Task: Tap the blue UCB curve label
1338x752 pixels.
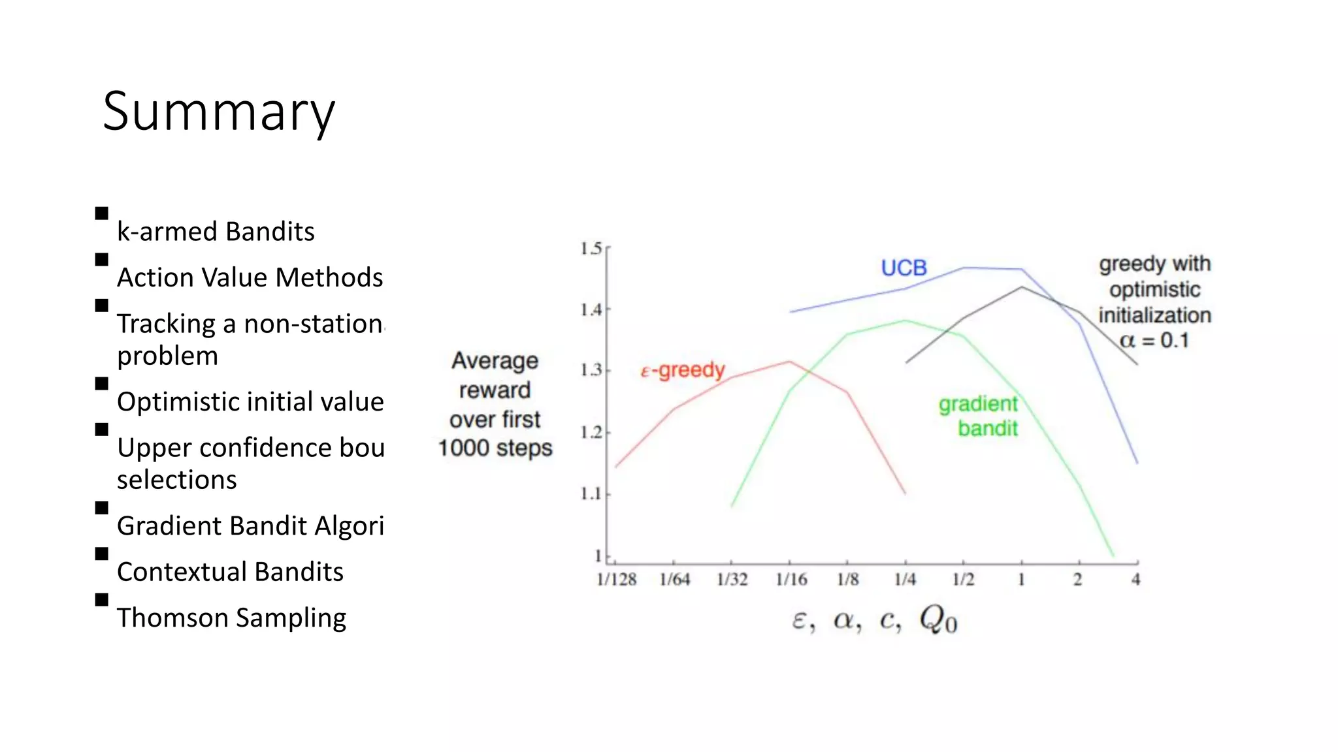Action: (x=904, y=268)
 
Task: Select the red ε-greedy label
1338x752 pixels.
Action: (x=683, y=371)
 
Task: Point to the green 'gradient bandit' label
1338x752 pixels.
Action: (x=979, y=416)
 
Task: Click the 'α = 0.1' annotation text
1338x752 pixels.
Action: (x=1154, y=341)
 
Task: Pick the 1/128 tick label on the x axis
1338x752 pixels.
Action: (x=617, y=580)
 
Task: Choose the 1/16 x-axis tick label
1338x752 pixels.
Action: (x=791, y=580)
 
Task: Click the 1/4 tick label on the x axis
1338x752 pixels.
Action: (x=905, y=580)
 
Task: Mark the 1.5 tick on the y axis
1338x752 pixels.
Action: (x=591, y=249)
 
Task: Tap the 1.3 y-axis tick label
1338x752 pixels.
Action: (x=591, y=370)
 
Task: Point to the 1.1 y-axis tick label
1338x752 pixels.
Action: (x=591, y=493)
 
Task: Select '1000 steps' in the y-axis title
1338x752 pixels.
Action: (x=495, y=448)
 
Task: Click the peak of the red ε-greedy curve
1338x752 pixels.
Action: (x=790, y=361)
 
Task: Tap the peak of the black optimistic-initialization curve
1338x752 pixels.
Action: (x=1022, y=287)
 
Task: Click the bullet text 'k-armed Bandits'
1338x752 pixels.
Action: (x=216, y=232)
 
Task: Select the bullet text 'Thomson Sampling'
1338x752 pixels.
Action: (x=231, y=618)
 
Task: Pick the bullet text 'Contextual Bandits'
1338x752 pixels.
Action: (x=230, y=572)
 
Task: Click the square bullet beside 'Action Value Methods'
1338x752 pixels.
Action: (x=101, y=260)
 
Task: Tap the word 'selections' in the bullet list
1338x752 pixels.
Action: (x=177, y=480)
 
